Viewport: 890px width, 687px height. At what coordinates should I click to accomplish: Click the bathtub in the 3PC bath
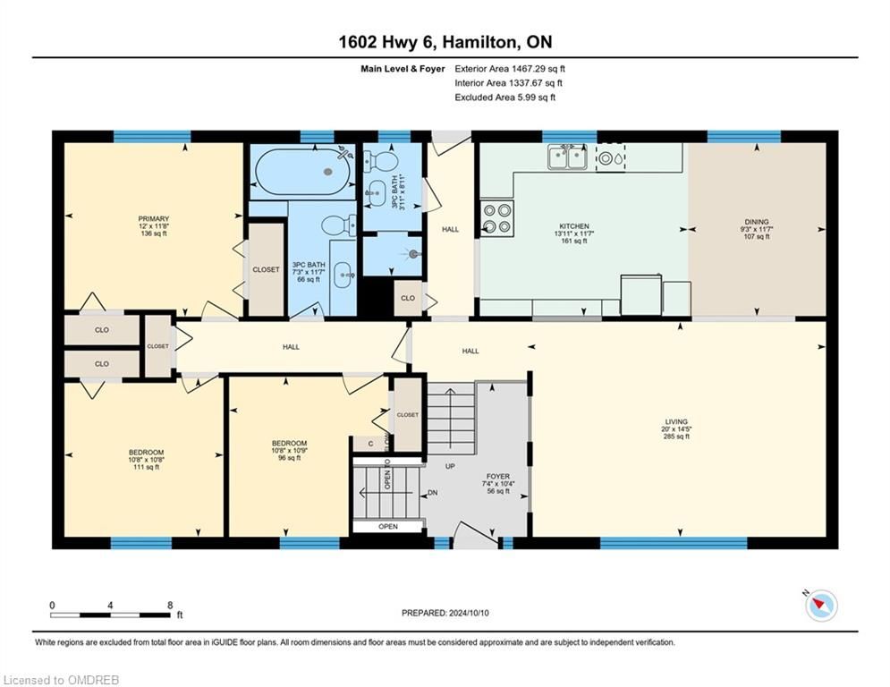[x=302, y=170]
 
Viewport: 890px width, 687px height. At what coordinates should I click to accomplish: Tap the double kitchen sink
[x=568, y=157]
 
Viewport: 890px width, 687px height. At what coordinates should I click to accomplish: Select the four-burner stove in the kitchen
[x=496, y=218]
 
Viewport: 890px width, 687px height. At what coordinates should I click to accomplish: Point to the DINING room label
[x=757, y=222]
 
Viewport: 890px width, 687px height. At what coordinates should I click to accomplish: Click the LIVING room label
[x=676, y=422]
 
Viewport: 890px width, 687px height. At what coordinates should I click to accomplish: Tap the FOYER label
[x=498, y=477]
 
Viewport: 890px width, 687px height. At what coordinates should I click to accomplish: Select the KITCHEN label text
[x=574, y=226]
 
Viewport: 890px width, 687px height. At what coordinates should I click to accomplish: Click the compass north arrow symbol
[x=821, y=606]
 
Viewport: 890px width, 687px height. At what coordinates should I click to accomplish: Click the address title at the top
[x=445, y=42]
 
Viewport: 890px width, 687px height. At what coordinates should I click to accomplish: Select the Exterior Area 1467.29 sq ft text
[x=510, y=69]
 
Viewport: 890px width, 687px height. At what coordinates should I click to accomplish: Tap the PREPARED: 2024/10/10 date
[x=445, y=613]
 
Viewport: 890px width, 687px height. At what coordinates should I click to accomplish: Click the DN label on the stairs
[x=433, y=493]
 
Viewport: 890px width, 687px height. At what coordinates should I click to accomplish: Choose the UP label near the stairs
[x=450, y=466]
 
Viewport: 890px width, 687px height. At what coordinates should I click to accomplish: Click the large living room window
[x=674, y=543]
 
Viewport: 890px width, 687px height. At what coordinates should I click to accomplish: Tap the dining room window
[x=743, y=136]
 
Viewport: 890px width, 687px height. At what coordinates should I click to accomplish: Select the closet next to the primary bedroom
[x=266, y=269]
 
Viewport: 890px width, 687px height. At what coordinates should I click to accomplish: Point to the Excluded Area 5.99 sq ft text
[x=504, y=98]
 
